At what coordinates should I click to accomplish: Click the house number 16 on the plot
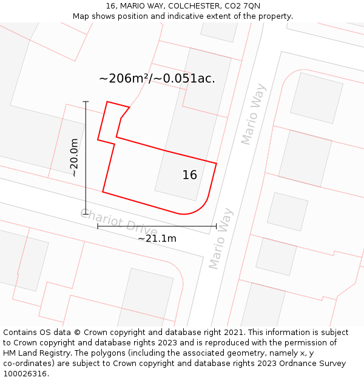(x=189, y=175)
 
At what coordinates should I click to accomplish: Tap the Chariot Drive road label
(x=119, y=223)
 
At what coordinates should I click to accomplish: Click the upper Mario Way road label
(x=254, y=114)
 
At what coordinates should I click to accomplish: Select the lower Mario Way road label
(x=221, y=238)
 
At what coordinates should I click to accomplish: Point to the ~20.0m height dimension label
(x=74, y=157)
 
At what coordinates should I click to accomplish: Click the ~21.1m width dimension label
(x=157, y=238)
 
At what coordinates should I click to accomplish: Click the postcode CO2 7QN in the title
(x=241, y=5)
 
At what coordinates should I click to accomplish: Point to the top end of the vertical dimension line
(x=86, y=102)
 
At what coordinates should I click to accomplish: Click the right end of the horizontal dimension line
(x=217, y=226)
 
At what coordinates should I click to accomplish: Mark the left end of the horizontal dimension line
(x=98, y=226)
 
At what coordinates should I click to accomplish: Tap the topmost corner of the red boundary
(x=107, y=102)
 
